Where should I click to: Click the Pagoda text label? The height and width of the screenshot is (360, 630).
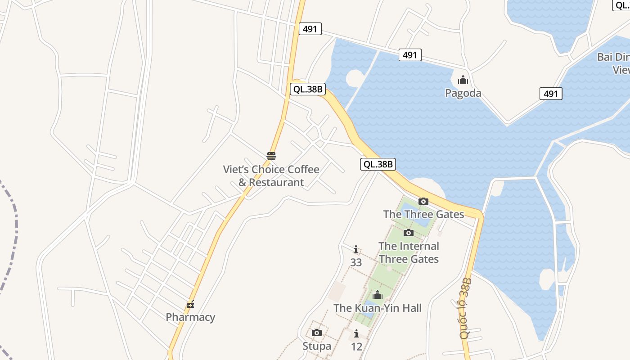463,93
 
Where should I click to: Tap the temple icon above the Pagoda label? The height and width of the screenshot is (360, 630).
463,81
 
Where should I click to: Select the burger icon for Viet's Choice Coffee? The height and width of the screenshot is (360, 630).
271,156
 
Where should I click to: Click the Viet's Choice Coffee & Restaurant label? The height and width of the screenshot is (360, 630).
271,176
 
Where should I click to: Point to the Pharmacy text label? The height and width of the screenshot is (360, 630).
190,317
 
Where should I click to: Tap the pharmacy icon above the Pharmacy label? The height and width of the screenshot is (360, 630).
190,305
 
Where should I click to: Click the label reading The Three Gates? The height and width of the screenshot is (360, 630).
423,214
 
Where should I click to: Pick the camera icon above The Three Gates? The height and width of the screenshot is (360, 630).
423,202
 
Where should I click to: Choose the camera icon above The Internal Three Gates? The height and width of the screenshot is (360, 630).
409,233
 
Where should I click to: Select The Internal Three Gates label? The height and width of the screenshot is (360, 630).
409,252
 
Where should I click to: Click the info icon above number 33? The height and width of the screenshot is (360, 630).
356,249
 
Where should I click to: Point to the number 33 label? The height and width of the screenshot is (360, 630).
356,262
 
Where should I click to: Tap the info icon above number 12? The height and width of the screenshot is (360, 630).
356,334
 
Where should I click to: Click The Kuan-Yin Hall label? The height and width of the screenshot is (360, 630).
378,308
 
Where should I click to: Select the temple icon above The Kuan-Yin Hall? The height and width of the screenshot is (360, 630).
378,295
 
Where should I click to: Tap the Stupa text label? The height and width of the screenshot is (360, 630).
317,346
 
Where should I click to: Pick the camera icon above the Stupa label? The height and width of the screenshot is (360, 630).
317,333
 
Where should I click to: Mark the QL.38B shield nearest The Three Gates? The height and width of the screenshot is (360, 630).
378,164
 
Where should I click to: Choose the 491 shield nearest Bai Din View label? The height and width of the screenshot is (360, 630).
551,94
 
